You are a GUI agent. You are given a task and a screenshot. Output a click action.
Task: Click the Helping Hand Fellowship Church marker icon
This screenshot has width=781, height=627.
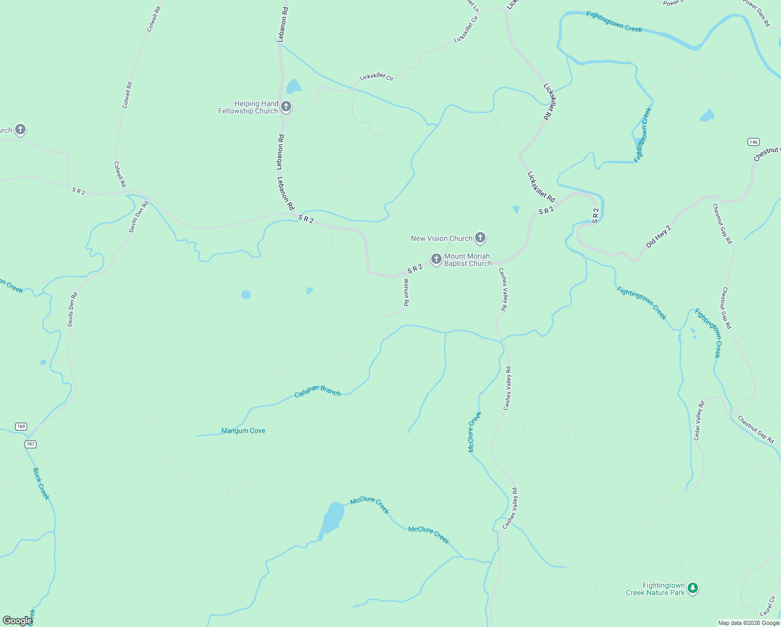pyautogui.click(x=286, y=107)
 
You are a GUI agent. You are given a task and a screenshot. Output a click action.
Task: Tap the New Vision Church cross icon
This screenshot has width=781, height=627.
pyautogui.click(x=480, y=238)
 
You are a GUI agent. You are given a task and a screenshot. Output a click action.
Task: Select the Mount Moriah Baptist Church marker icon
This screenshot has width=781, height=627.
pyautogui.click(x=436, y=259)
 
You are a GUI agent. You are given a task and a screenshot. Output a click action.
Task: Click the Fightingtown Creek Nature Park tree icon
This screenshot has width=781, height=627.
pyautogui.click(x=693, y=588)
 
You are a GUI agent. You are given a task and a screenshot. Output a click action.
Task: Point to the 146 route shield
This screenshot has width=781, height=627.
pyautogui.click(x=753, y=142)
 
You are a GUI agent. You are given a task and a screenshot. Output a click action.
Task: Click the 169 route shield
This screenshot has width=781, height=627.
pyautogui.click(x=21, y=426)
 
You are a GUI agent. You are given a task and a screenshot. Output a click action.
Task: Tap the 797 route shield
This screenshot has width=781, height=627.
pyautogui.click(x=30, y=444)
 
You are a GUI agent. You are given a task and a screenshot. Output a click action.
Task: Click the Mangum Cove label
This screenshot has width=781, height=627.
pyautogui.click(x=243, y=431)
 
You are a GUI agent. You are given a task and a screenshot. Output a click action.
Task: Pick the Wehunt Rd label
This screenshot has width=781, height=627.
pyautogui.click(x=406, y=292)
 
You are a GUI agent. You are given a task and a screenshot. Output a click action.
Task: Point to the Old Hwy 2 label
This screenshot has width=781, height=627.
pyautogui.click(x=658, y=237)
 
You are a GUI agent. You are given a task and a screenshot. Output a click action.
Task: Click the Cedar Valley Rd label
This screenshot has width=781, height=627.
pyautogui.click(x=699, y=421)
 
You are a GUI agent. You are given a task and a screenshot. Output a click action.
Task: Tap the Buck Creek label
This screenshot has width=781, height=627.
pyautogui.click(x=41, y=484)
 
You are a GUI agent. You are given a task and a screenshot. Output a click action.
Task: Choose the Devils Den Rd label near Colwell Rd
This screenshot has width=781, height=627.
pyautogui.click(x=139, y=216)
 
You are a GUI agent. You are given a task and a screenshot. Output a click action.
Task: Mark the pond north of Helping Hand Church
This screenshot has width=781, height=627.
pyautogui.click(x=293, y=86)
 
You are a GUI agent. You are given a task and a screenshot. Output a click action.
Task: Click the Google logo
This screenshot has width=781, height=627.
pyautogui.click(x=17, y=621)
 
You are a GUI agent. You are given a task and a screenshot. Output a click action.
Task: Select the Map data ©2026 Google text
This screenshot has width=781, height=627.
pyautogui.click(x=749, y=623)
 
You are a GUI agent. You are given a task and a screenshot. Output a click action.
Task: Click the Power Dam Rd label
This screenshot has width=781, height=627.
pyautogui.click(x=756, y=13)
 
